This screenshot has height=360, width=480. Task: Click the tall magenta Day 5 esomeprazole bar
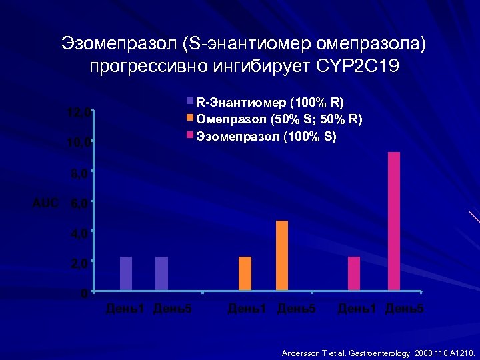coord(394,221)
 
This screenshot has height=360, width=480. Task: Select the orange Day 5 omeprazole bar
coord(281,255)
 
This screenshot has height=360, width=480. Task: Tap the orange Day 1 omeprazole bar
coord(245,273)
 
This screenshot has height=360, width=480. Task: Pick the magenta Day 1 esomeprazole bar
coord(353,273)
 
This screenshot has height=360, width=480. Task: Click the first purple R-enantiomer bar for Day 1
coord(126,273)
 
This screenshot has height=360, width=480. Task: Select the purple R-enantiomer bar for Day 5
coord(161,273)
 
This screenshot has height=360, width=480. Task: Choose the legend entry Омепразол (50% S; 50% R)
coord(279,119)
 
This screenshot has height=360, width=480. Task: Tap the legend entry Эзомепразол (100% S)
coord(265,137)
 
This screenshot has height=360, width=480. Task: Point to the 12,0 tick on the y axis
coord(79,113)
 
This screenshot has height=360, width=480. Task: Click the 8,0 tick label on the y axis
coord(79,173)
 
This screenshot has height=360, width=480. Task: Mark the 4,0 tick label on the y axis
coord(79,233)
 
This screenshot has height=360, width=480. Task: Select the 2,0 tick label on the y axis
coord(79,263)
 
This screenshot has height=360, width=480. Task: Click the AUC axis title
coord(46,203)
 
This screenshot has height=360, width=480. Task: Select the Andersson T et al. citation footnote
coord(378,352)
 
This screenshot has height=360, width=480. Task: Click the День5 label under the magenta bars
coord(404,309)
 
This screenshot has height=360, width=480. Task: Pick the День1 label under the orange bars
coord(247,309)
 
